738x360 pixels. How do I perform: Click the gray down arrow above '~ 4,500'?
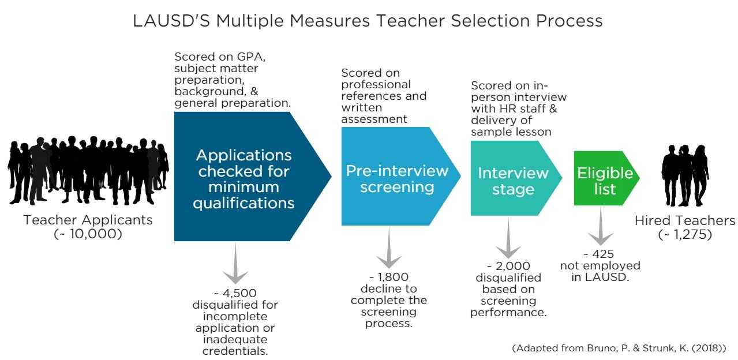(235, 264)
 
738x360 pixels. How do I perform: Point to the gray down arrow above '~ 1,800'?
(389, 247)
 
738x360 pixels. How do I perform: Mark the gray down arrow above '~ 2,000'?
(508, 238)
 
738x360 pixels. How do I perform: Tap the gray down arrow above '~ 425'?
(601, 226)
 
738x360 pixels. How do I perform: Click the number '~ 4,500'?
(235, 293)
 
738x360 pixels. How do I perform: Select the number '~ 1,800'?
(389, 277)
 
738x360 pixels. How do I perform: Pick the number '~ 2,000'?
(508, 266)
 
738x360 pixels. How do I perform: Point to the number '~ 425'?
(599, 254)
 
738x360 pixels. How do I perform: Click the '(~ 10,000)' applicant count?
(88, 234)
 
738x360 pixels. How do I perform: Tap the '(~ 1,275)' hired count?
(685, 234)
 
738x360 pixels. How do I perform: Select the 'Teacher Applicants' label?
(88, 220)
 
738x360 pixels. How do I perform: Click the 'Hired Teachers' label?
(685, 220)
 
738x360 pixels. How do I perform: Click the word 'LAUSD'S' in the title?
(171, 21)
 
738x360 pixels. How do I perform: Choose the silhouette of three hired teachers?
(685, 175)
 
